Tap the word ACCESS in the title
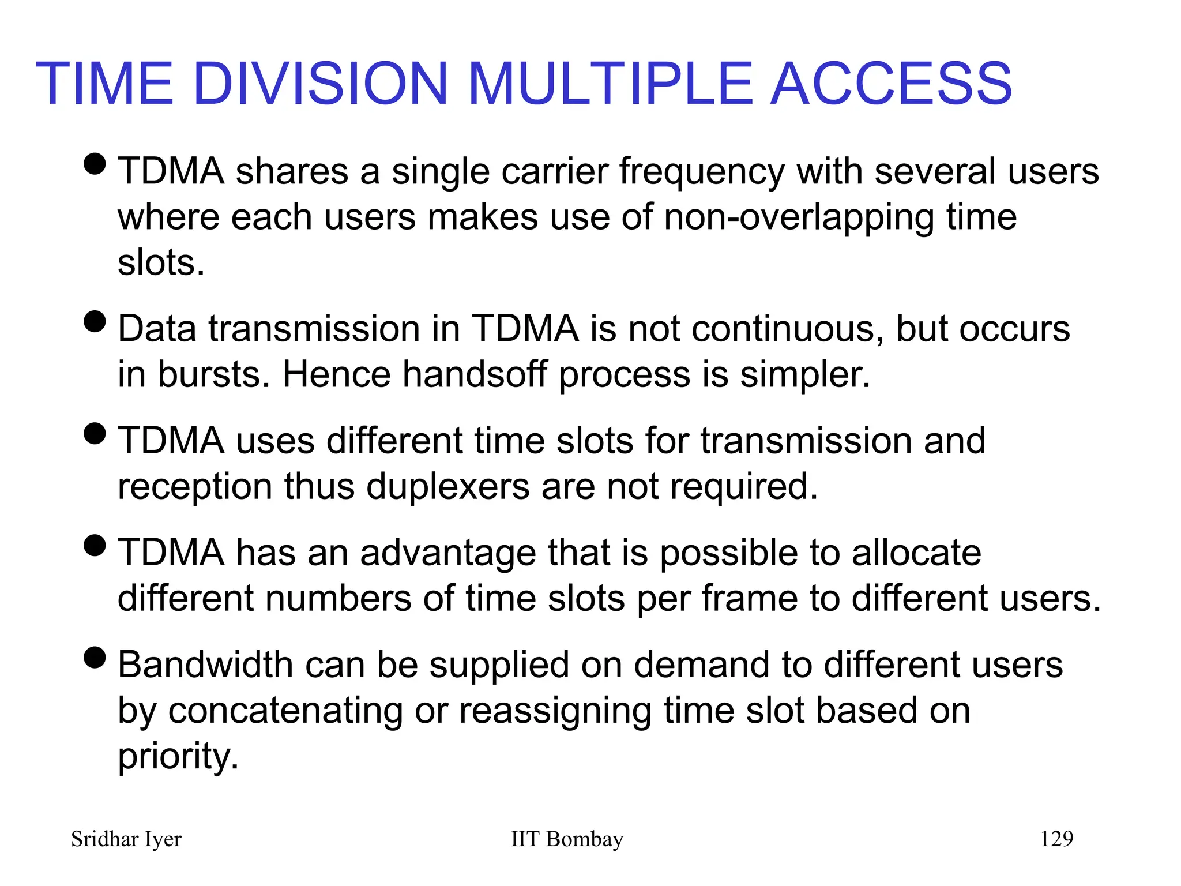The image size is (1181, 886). (x=891, y=84)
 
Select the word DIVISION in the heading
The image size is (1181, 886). (x=321, y=84)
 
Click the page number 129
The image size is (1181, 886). (x=1056, y=838)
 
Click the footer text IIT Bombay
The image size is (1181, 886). (x=567, y=839)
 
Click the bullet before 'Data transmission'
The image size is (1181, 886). (x=95, y=321)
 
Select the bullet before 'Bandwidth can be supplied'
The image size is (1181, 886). (x=95, y=657)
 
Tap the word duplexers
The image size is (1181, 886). (x=448, y=486)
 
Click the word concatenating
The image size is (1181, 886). (x=285, y=711)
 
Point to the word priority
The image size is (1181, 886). (x=178, y=757)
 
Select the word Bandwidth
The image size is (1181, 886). (x=205, y=664)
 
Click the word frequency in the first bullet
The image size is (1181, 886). (x=702, y=172)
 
